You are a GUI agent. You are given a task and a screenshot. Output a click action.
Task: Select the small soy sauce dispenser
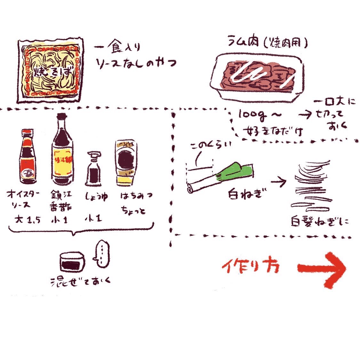click(92, 170)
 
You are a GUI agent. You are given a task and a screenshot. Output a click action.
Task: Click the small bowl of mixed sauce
click(73, 262)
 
